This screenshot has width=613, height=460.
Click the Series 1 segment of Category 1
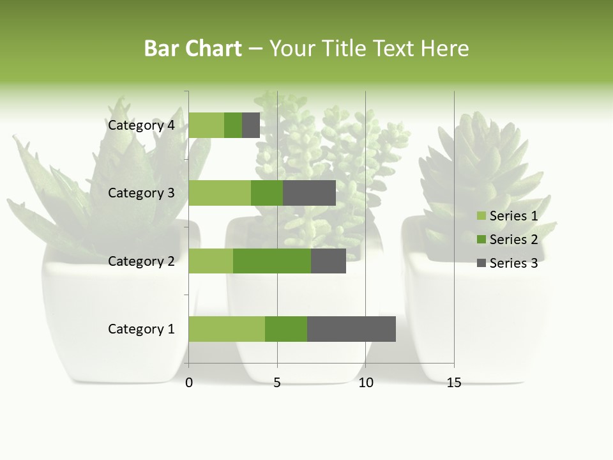[227, 329]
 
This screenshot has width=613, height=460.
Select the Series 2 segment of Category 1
[286, 329]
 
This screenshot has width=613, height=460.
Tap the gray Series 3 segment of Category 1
[351, 329]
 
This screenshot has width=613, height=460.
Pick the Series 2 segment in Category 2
[272, 261]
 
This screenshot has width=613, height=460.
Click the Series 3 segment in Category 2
[328, 261]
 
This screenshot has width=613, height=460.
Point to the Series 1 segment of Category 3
[220, 193]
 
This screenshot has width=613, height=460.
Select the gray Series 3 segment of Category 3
[309, 193]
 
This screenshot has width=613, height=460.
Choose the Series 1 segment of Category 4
[206, 125]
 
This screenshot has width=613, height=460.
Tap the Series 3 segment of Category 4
[251, 125]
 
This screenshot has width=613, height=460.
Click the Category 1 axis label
[140, 329]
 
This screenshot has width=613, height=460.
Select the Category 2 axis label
[140, 261]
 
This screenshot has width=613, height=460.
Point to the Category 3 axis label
[140, 193]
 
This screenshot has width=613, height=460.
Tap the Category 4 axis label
[140, 125]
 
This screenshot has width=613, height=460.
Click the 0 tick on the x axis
[189, 383]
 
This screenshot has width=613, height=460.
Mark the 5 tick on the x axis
[277, 383]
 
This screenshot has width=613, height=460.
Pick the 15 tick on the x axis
[454, 383]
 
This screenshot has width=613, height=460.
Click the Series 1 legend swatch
[481, 216]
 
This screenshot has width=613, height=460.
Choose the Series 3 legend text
[513, 263]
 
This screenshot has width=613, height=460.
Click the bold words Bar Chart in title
[193, 49]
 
